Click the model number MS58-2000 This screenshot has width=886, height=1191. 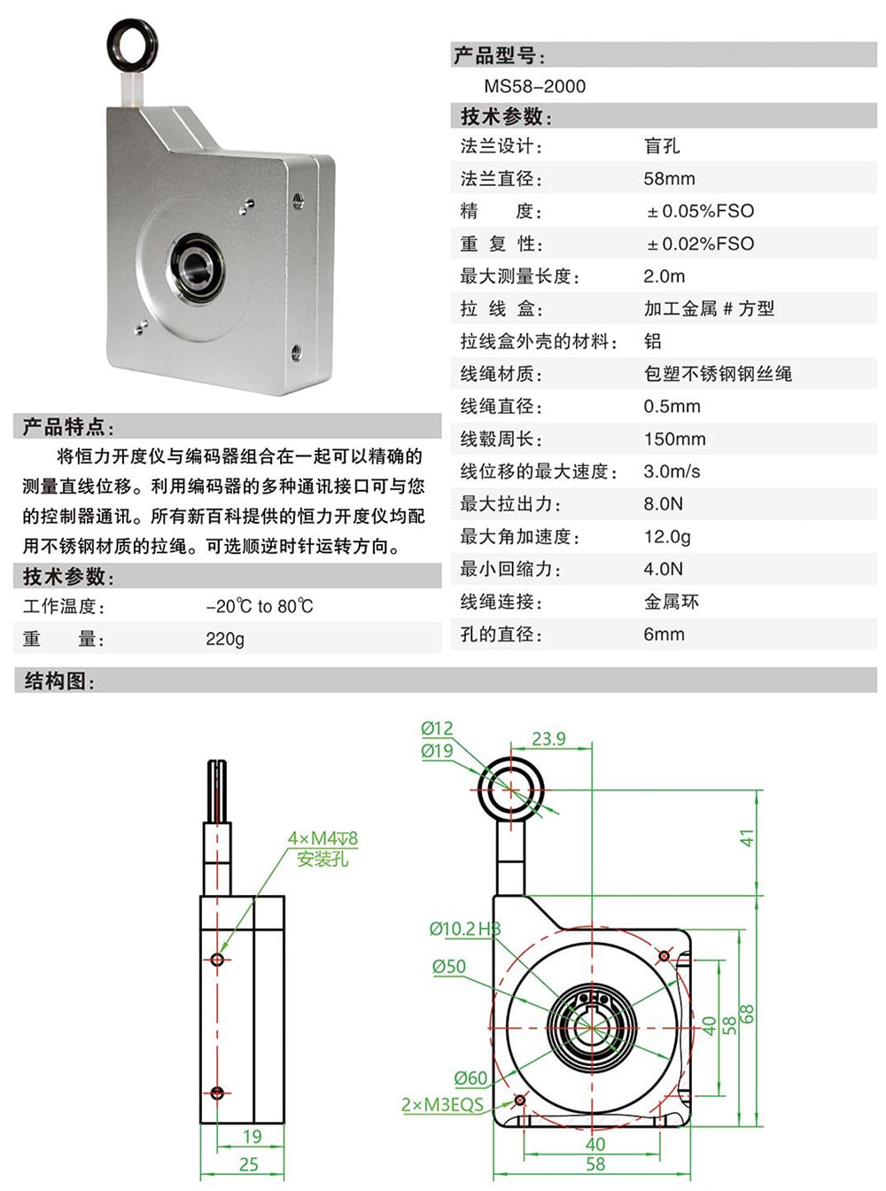tap(534, 86)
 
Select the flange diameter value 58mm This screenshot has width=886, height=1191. tap(669, 178)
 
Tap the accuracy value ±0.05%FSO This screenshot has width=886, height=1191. tap(700, 211)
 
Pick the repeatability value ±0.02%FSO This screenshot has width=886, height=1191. tap(700, 244)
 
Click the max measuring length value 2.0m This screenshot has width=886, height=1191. tap(664, 276)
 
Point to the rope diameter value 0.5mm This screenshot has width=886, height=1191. tap(672, 406)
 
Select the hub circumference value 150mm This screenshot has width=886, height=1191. tap(674, 439)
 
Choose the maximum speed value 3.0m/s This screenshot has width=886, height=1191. tap(672, 471)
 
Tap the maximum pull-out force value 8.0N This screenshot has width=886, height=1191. tap(663, 504)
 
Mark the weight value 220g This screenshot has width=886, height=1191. tap(225, 639)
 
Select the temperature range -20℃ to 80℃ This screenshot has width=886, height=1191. tap(260, 606)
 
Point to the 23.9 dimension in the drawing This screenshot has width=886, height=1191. tap(548, 738)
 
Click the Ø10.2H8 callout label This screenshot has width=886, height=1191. tap(464, 929)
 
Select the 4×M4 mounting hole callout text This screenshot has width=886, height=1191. tap(323, 838)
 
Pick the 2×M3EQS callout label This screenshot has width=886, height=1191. tap(442, 1105)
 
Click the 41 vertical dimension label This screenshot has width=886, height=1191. tap(747, 837)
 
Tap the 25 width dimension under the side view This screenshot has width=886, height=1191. tap(249, 1164)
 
